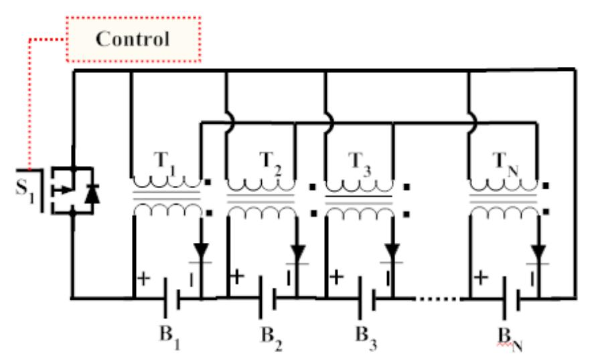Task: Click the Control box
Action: point(133,39)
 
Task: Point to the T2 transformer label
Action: point(271,161)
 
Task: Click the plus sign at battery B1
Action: point(142,276)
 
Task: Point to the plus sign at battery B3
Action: point(336,276)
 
